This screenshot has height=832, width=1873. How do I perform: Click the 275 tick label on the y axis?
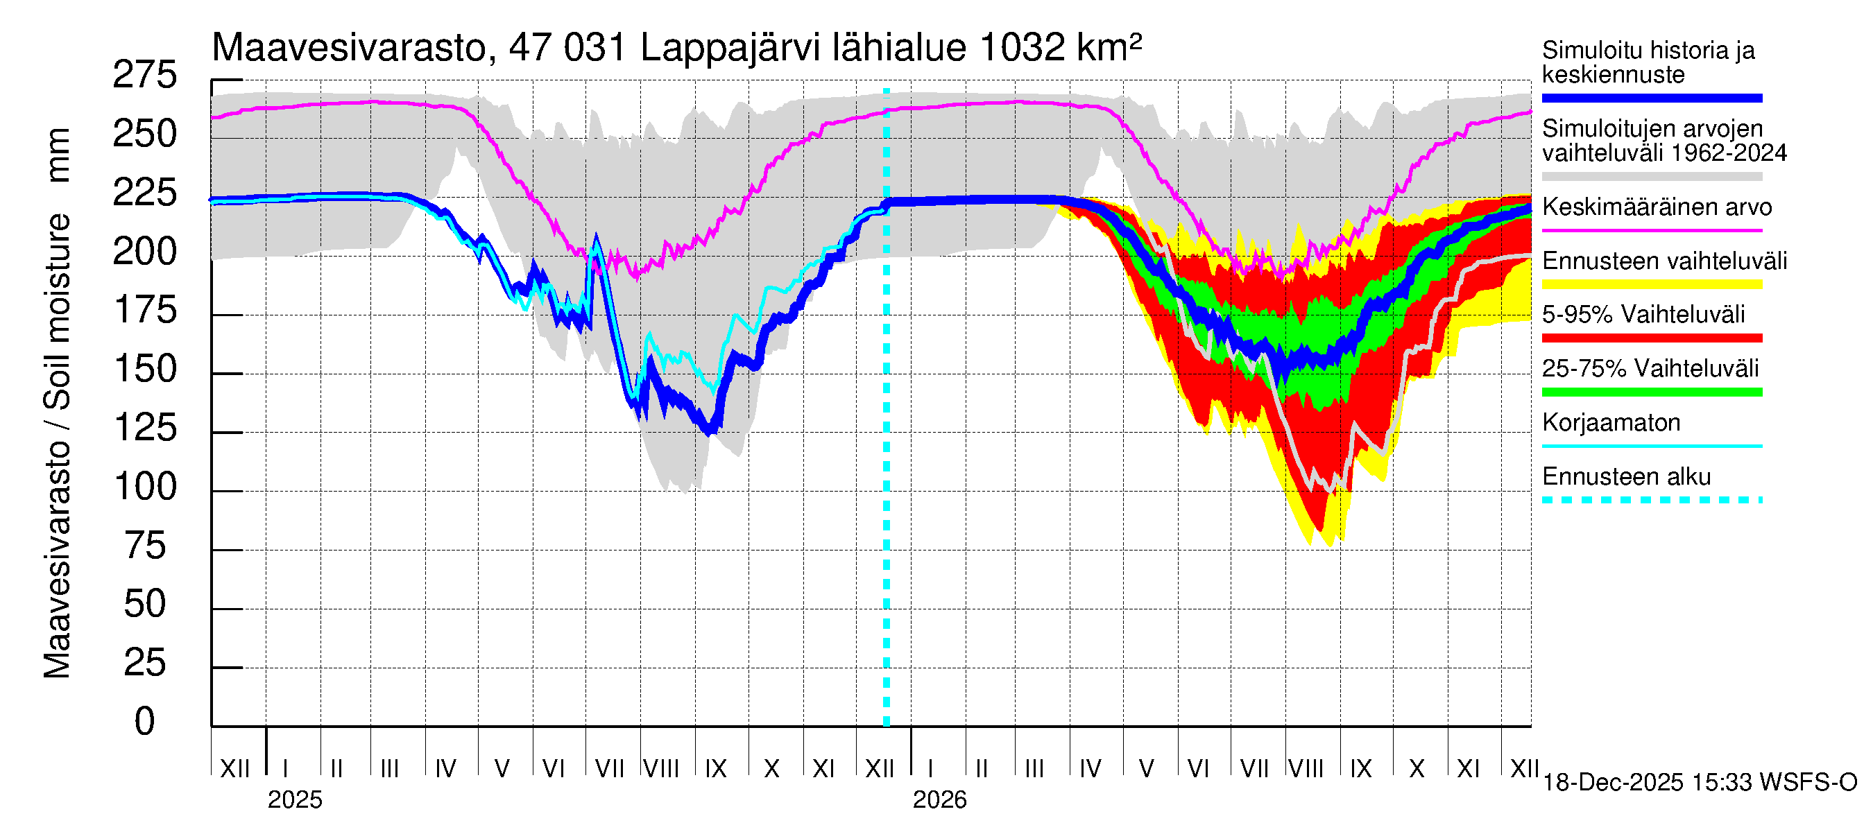[x=145, y=76]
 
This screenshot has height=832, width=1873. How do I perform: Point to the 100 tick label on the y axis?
[x=145, y=487]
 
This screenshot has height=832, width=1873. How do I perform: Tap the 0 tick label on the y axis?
[x=145, y=722]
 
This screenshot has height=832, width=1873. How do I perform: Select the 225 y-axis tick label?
[x=145, y=193]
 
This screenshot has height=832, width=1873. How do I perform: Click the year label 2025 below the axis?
[x=294, y=800]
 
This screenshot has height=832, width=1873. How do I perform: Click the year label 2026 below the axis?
[x=939, y=800]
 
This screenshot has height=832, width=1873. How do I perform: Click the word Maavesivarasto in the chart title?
[x=349, y=48]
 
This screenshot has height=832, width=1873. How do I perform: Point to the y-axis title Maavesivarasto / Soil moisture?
[x=57, y=404]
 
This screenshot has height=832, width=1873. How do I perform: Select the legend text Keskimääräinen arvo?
[x=1657, y=207]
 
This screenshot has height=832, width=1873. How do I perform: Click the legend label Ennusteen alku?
[x=1627, y=477]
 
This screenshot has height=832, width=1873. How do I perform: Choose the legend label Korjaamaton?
[x=1611, y=423]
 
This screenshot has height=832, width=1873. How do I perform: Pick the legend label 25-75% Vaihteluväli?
[x=1650, y=368]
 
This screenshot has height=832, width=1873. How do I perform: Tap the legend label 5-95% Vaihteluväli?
[x=1643, y=315]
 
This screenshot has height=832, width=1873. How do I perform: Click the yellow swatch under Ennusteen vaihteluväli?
[x=1652, y=284]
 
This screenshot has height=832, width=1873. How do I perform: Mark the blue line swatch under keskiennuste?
[x=1652, y=98]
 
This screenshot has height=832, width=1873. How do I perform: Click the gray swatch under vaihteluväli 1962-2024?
[x=1652, y=177]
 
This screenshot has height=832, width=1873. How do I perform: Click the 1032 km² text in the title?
[x=1060, y=48]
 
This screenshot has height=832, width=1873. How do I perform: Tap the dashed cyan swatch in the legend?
[x=1652, y=500]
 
